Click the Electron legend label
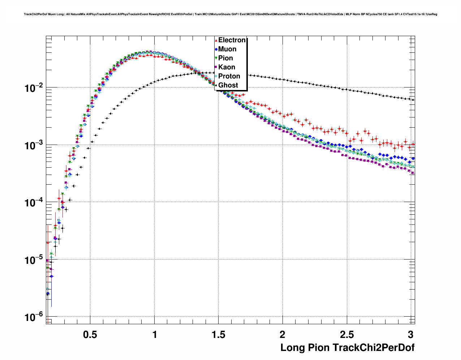pos(232,40)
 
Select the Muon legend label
pos(227,49)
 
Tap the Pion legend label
pos(225,58)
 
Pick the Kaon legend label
pos(227,67)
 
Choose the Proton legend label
pos(229,76)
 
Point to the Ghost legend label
pos(228,85)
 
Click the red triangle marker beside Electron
pos(216,40)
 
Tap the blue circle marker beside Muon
pos(216,49)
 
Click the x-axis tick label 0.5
pos(90,335)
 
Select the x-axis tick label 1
pos(155,335)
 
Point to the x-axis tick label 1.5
pos(218,335)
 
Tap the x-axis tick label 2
pos(283,335)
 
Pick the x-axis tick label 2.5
pos(346,335)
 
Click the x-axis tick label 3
pos(410,335)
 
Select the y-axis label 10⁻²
pos(33,88)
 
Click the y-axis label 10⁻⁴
pos(33,203)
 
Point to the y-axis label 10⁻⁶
pos(33,318)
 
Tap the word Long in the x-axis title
pos(293,348)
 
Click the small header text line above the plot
pos(231,14)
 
